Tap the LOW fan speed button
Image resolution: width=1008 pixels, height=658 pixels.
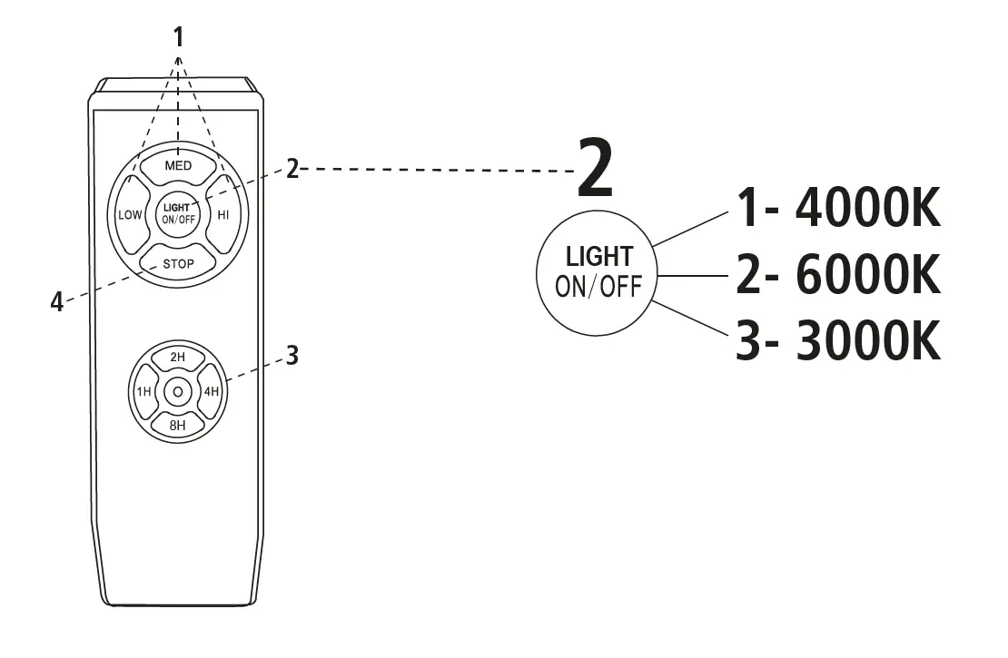tap(130, 215)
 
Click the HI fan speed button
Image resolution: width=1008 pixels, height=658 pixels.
tap(223, 215)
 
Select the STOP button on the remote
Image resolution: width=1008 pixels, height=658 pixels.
tap(178, 264)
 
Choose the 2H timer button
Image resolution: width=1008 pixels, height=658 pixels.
tap(178, 358)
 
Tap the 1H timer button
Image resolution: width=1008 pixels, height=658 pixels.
tap(143, 392)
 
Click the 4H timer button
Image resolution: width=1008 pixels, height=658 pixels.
tap(212, 392)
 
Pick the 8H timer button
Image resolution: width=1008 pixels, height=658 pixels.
tap(178, 425)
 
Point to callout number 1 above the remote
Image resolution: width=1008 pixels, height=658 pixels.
tap(178, 36)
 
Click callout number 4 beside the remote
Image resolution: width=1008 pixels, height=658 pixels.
tap(56, 302)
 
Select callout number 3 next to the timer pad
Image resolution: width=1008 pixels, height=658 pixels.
tap(292, 356)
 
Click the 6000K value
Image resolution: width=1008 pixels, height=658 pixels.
tap(867, 276)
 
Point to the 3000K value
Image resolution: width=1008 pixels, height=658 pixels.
tap(867, 342)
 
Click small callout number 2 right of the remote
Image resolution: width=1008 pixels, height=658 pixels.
tap(292, 169)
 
